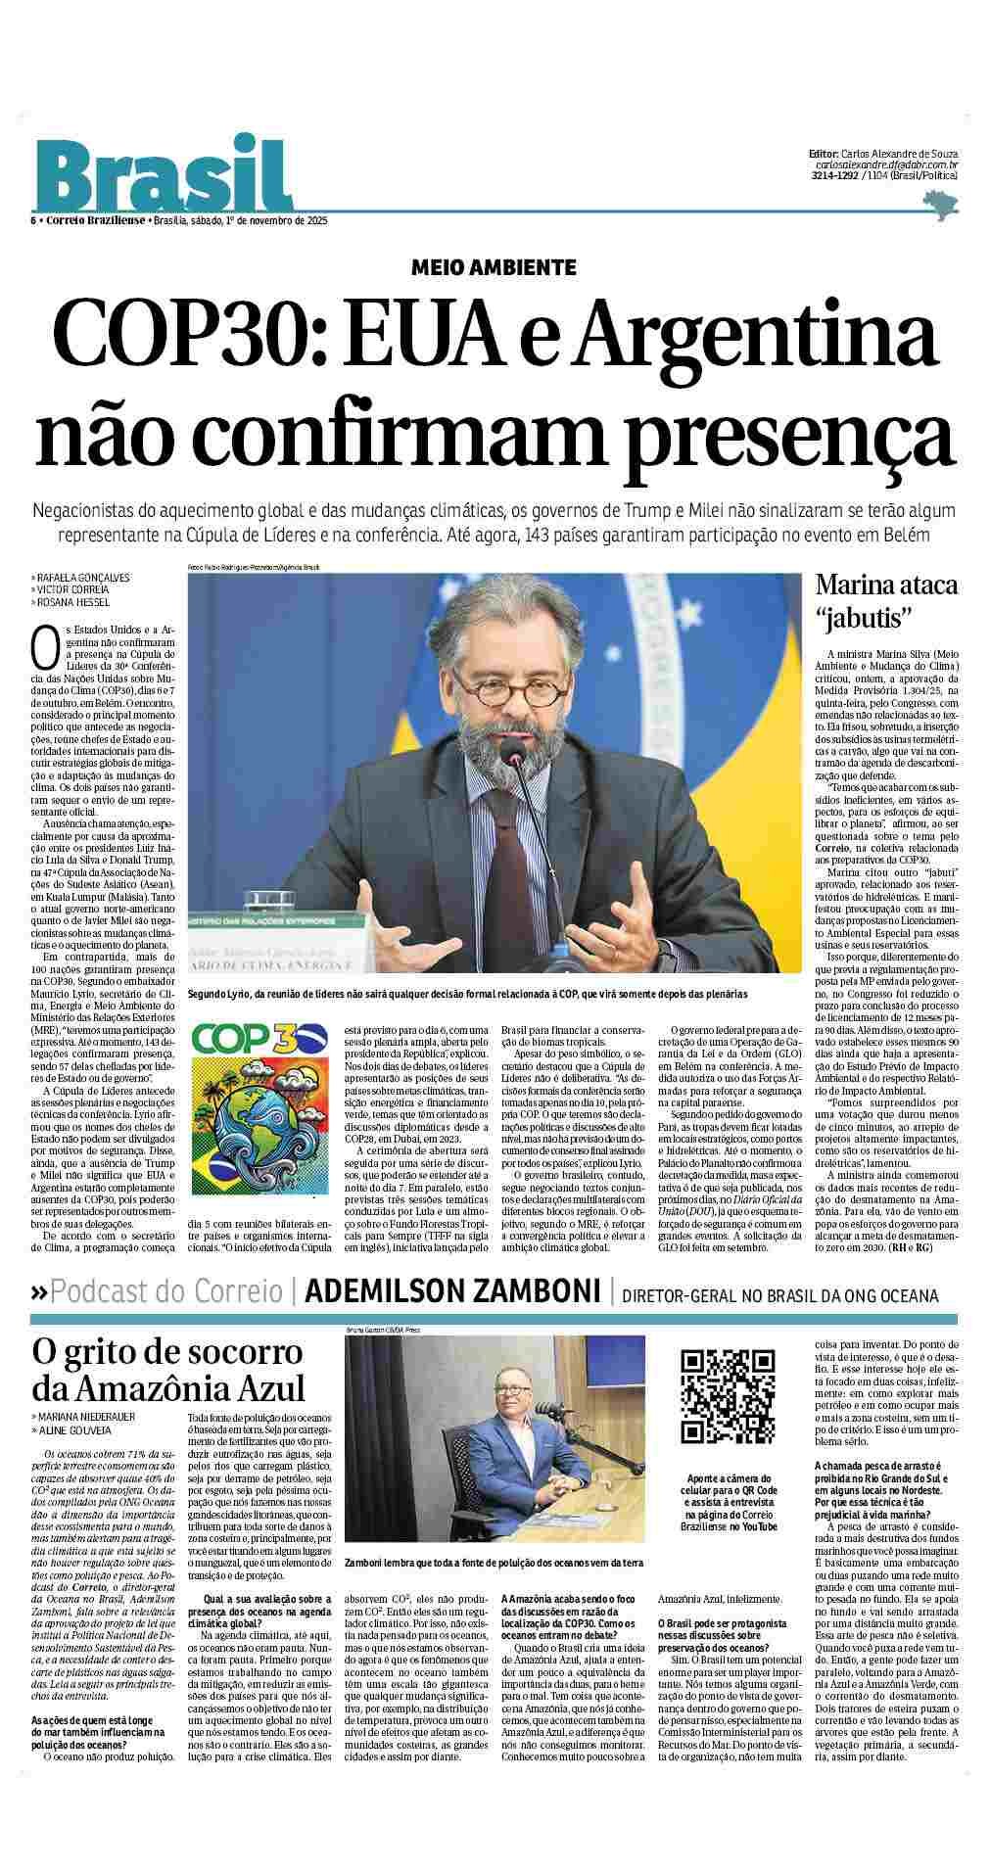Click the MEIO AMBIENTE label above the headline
tap(494, 266)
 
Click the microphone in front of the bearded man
tap(513, 754)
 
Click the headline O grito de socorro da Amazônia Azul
tap(168, 1370)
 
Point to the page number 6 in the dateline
tap(34, 220)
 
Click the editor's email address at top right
tap(887, 165)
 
